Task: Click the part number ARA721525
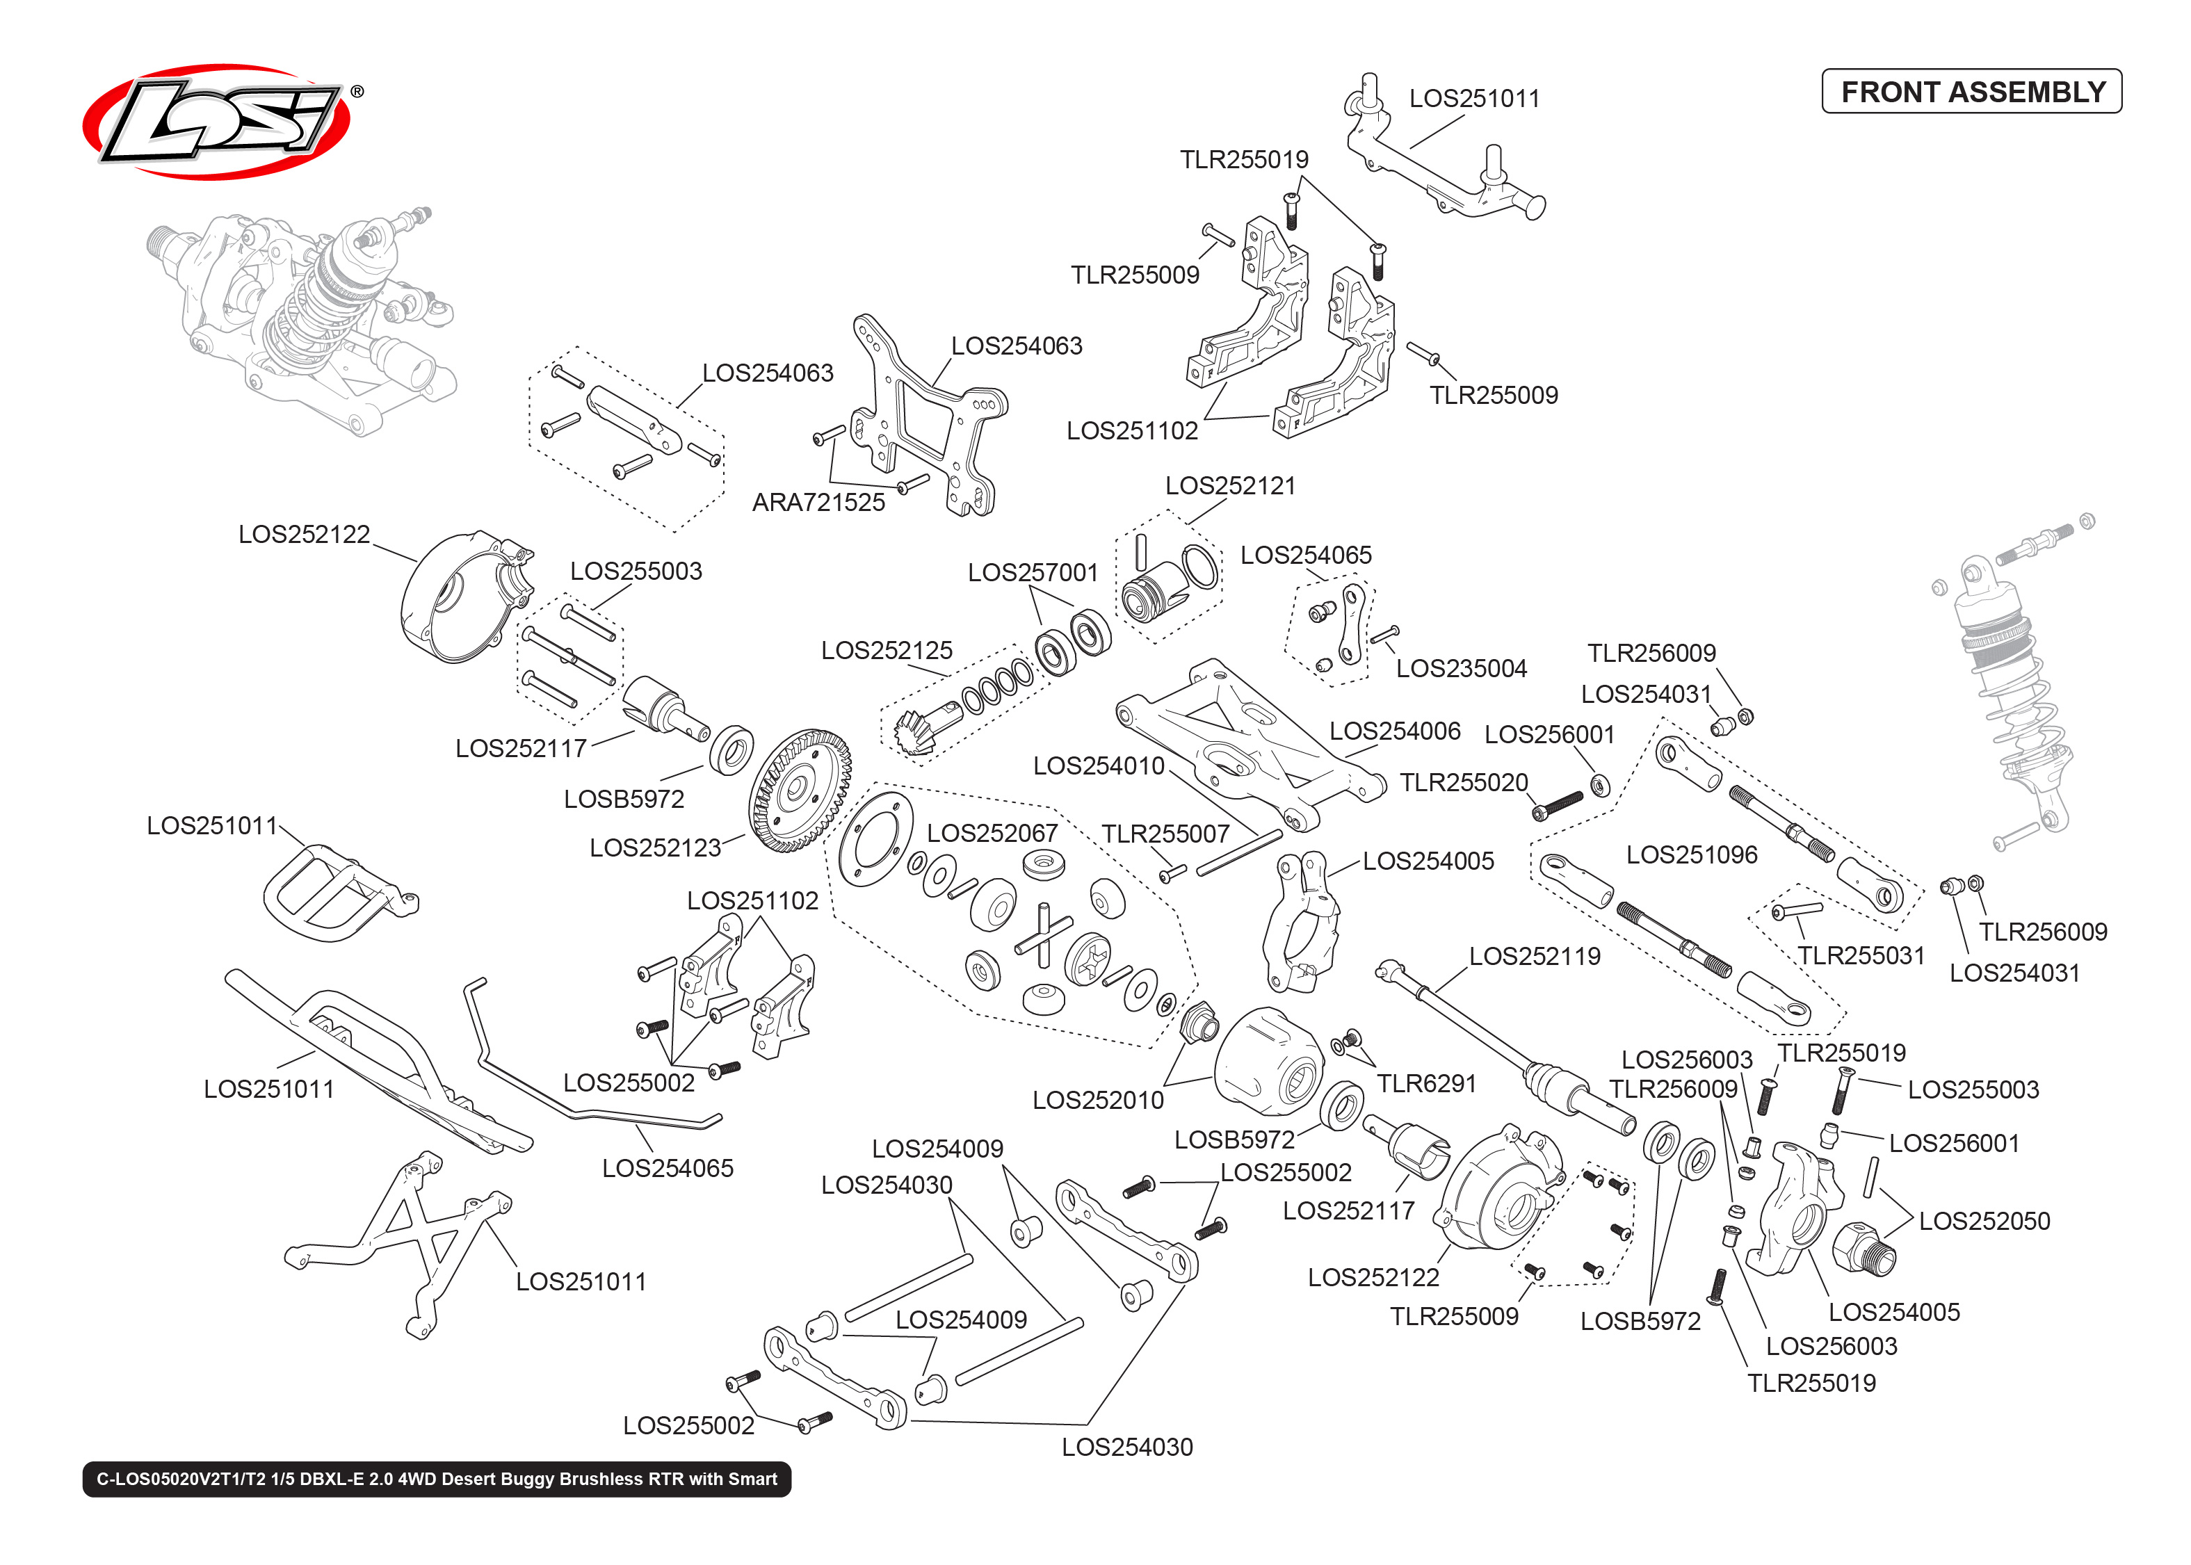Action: click(x=818, y=502)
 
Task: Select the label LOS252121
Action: click(x=1230, y=486)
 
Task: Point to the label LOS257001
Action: click(x=1033, y=572)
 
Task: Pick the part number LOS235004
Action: click(x=1461, y=669)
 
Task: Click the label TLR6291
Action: click(x=1426, y=1084)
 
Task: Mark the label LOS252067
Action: click(x=992, y=834)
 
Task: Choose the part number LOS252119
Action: click(x=1534, y=956)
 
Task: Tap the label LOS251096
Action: click(x=1691, y=854)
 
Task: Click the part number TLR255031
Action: click(x=1861, y=956)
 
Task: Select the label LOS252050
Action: click(x=1984, y=1221)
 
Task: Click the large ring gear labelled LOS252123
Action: click(x=799, y=790)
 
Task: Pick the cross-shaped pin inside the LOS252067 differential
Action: click(x=1044, y=933)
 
